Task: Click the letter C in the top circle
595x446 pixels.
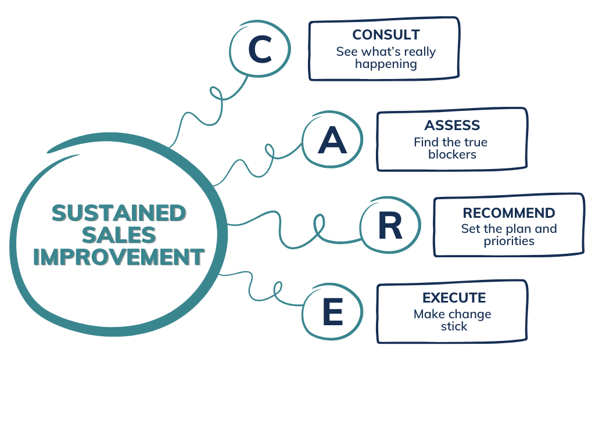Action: click(x=260, y=50)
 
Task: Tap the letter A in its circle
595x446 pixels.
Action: click(x=332, y=141)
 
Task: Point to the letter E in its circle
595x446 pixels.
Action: click(x=332, y=313)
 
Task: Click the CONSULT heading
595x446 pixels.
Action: click(x=386, y=35)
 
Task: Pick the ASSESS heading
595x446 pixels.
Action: click(x=451, y=125)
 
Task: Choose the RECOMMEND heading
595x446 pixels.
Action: click(x=508, y=213)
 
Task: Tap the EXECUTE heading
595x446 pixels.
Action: click(x=454, y=298)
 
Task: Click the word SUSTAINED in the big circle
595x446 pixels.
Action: click(x=119, y=213)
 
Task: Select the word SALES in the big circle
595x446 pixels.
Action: click(x=119, y=235)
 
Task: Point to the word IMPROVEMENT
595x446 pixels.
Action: click(x=119, y=257)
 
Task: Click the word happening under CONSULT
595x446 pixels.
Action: click(x=386, y=64)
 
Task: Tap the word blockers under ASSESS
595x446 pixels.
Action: click(x=451, y=154)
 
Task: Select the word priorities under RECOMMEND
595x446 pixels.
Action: click(x=508, y=241)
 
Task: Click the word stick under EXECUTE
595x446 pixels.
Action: click(x=454, y=326)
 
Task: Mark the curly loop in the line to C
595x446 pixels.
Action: click(x=216, y=93)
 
